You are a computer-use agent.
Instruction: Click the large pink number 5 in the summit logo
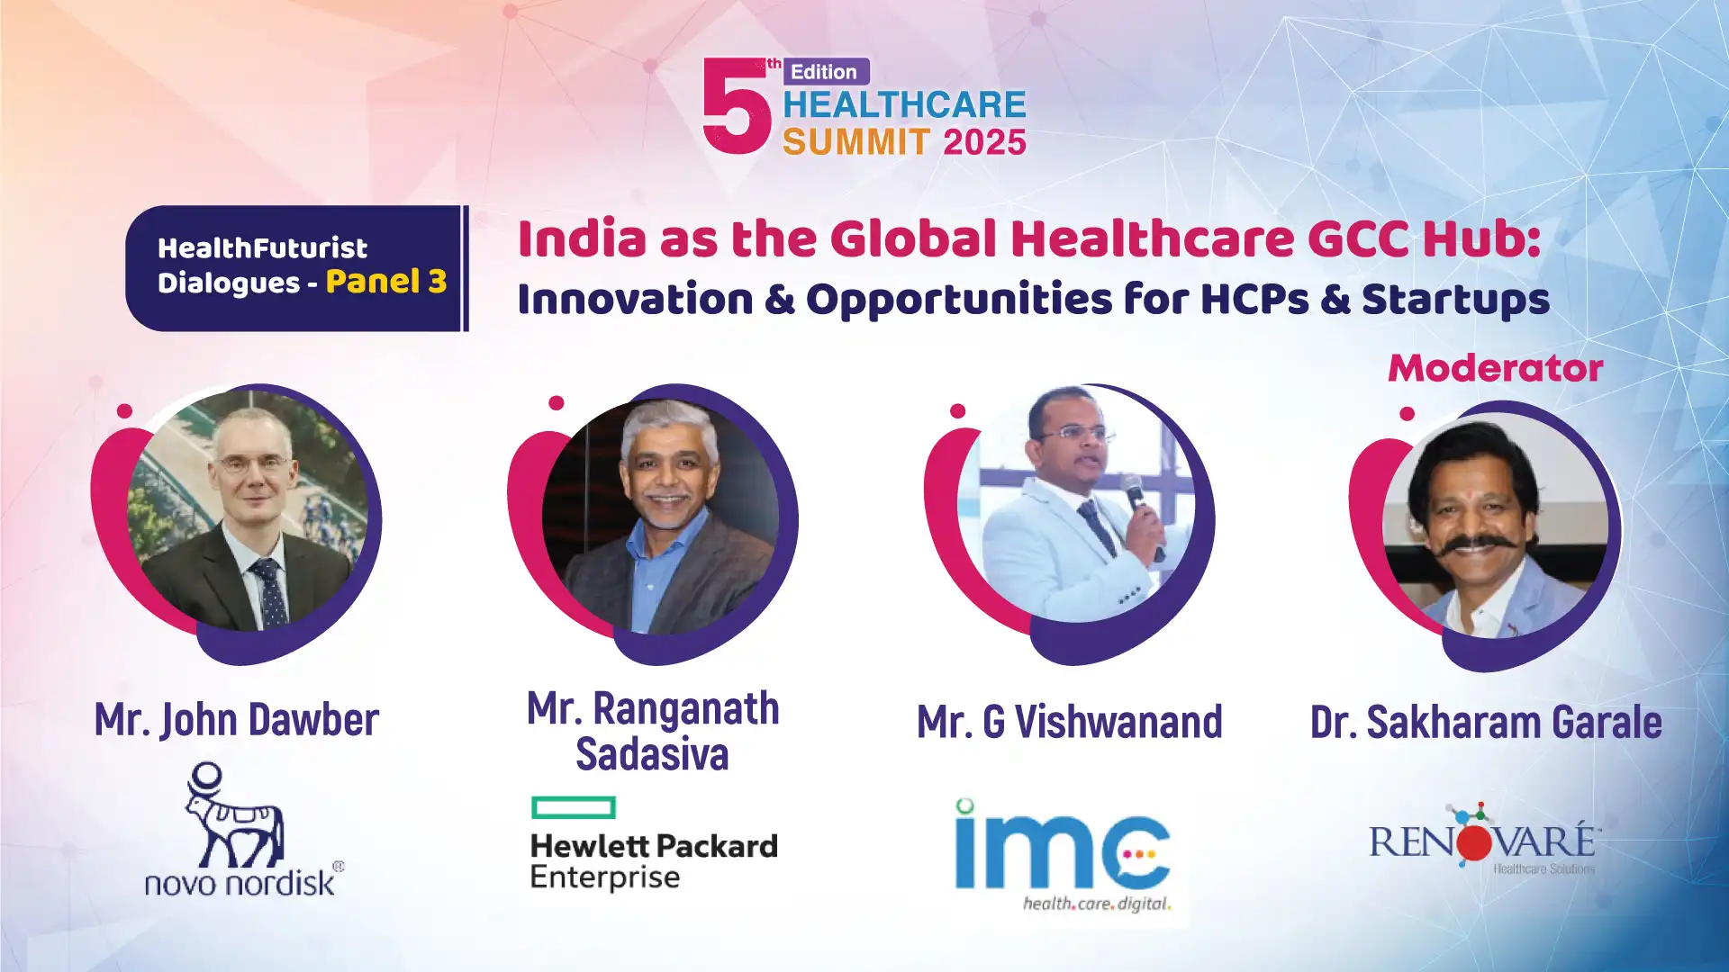tap(737, 106)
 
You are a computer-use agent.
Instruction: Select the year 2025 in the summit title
tap(984, 142)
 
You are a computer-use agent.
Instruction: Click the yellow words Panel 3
tap(386, 282)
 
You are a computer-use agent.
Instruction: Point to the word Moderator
tap(1495, 368)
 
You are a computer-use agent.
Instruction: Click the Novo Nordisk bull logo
tap(234, 815)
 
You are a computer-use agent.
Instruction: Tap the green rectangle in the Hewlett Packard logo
tap(574, 807)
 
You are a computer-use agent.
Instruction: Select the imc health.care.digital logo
tap(1064, 856)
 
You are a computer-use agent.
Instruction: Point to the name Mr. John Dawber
tap(237, 720)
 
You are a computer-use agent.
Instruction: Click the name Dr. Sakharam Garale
tap(1486, 723)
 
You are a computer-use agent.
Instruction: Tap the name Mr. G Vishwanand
tap(1070, 722)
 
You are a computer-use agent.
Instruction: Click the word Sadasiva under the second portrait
tap(652, 754)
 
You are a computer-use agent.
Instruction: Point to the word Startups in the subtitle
tap(1455, 301)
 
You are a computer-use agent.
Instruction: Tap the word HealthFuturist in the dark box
tap(262, 248)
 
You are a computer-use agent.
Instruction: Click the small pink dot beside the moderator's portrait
tap(1408, 414)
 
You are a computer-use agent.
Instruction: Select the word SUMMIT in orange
tap(856, 142)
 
